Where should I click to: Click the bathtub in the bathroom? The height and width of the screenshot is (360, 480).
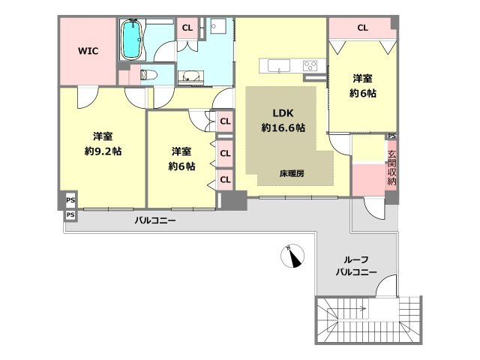(132, 40)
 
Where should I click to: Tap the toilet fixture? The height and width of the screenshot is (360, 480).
(148, 74)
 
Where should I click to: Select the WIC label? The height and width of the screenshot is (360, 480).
(88, 51)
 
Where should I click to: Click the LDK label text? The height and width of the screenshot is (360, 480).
(283, 113)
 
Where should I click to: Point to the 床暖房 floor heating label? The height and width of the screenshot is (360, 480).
(292, 173)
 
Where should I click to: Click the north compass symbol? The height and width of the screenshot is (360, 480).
(292, 256)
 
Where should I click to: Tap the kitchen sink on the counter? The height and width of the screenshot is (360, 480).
(279, 65)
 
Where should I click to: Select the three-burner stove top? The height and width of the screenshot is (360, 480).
(310, 65)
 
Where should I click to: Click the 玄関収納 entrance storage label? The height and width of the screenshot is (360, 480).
(391, 167)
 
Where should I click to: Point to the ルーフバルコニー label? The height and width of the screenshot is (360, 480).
(356, 266)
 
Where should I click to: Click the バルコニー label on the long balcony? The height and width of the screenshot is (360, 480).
(155, 220)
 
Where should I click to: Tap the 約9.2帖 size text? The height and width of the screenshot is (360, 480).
(103, 151)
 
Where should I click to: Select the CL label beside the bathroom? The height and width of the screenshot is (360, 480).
(187, 28)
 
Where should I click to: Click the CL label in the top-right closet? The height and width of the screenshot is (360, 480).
(362, 28)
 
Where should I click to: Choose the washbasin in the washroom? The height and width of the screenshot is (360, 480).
(190, 76)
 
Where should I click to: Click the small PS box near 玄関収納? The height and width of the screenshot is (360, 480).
(391, 136)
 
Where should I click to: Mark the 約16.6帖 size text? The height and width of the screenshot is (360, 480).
(283, 127)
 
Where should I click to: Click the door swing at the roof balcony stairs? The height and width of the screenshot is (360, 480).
(386, 286)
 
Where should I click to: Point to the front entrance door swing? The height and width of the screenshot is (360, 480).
(374, 208)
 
